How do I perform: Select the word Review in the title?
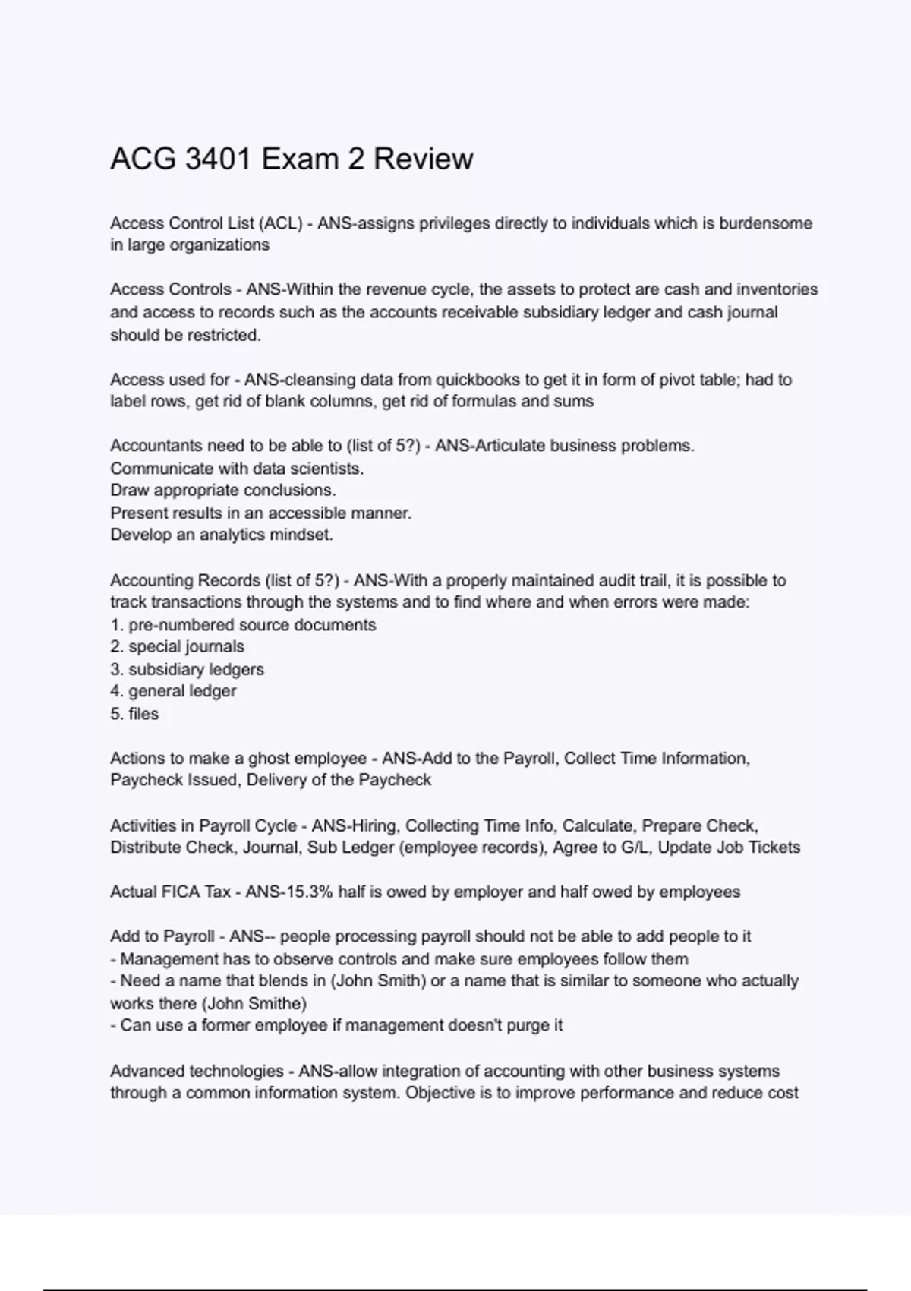(x=423, y=159)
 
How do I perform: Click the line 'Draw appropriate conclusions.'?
(x=223, y=490)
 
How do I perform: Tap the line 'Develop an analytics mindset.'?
(x=222, y=535)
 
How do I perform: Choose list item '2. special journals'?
(x=177, y=646)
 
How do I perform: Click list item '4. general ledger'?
(x=173, y=691)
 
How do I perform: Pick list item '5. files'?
(x=134, y=714)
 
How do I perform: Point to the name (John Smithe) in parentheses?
(x=257, y=1003)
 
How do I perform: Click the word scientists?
(x=329, y=469)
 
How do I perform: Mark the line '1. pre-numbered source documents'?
(x=243, y=625)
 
